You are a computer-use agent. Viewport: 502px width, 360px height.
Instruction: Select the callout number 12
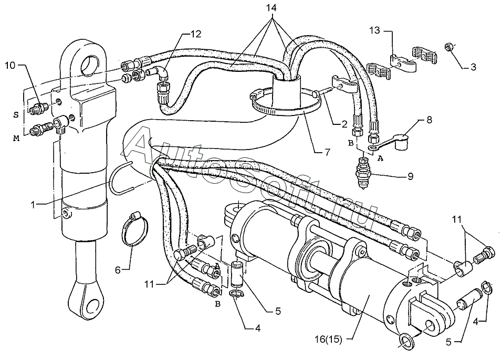[195, 35]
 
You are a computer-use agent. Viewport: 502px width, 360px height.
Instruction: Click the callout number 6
[118, 269]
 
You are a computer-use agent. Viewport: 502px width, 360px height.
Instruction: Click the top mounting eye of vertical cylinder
[89, 63]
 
